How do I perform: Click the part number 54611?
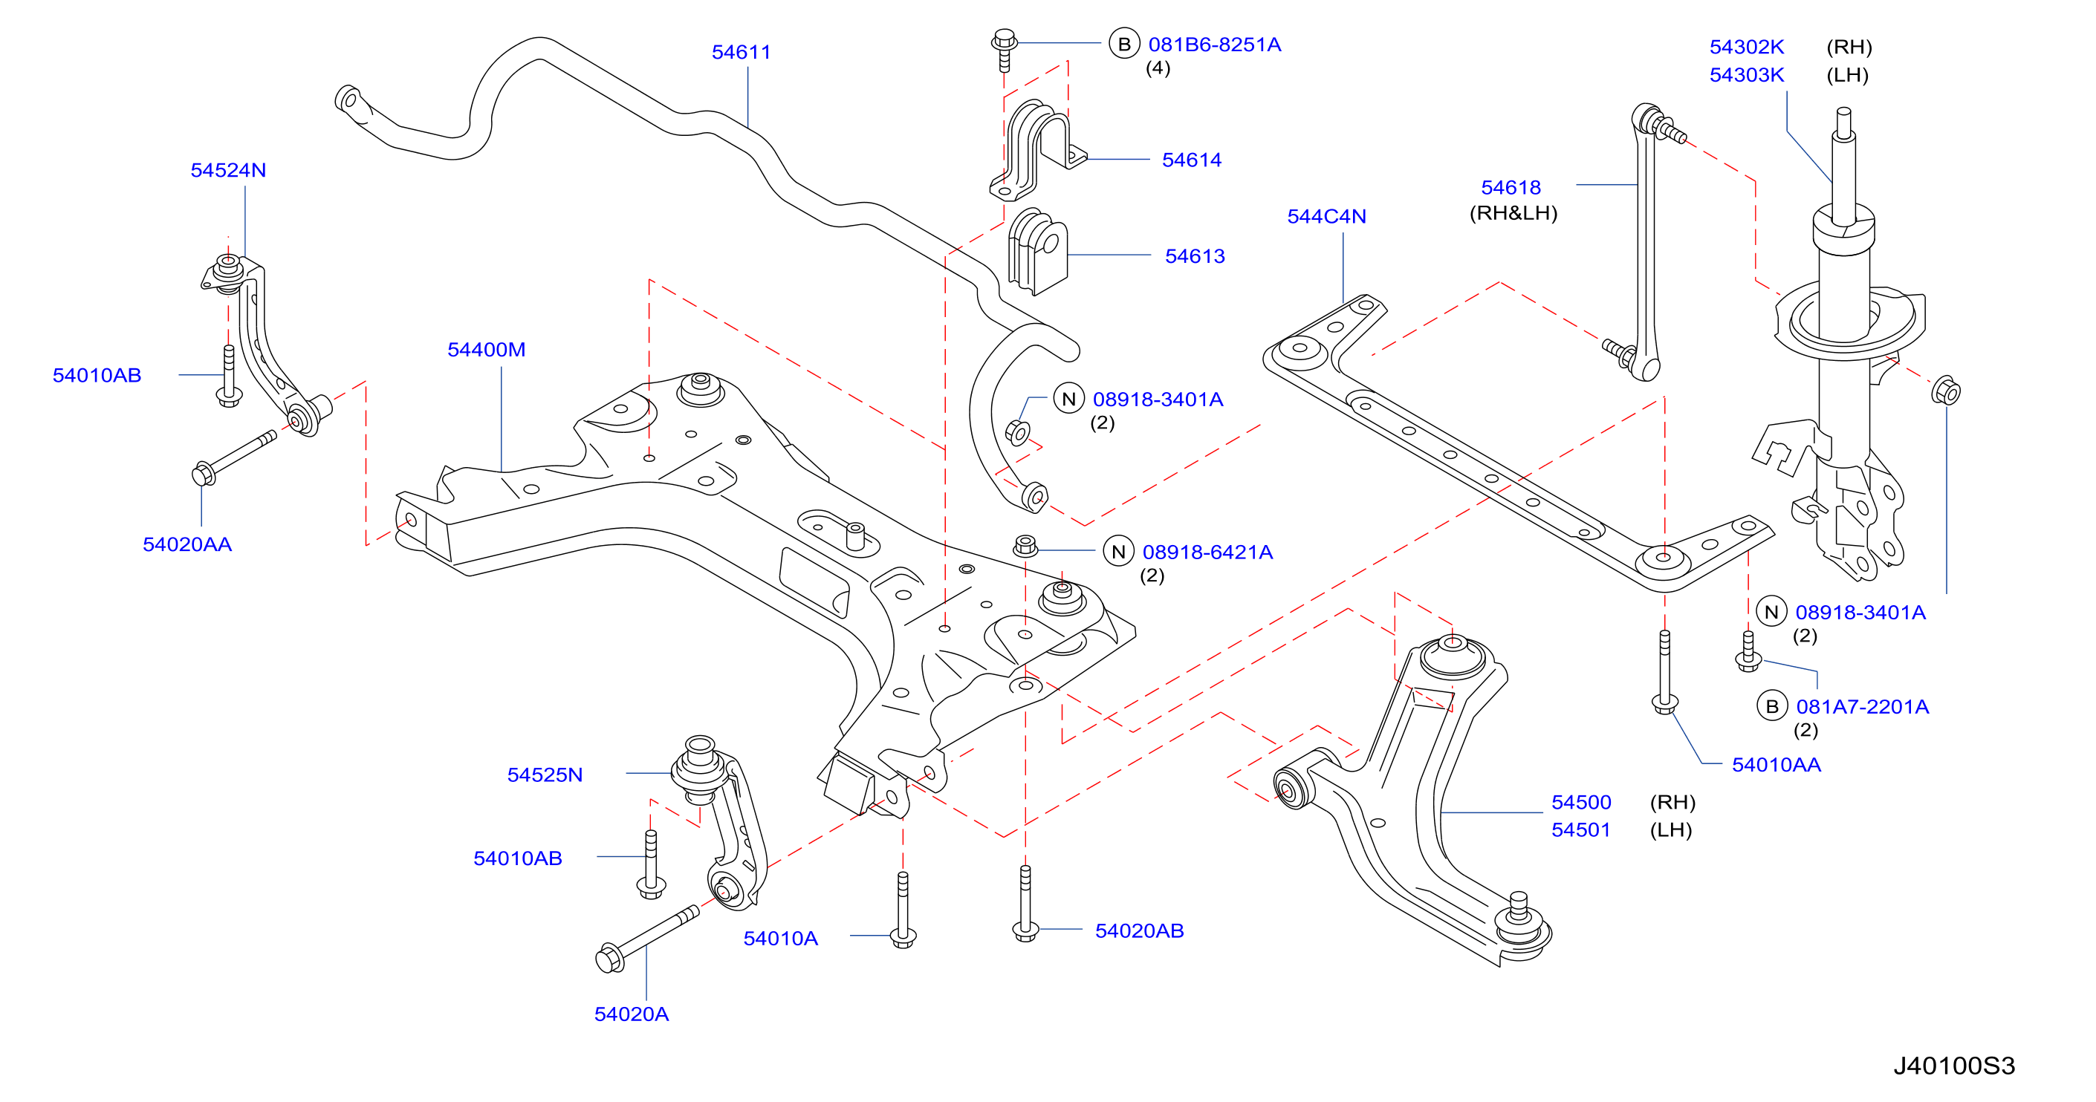click(x=741, y=52)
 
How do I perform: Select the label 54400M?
click(x=487, y=350)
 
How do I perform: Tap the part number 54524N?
click(x=228, y=170)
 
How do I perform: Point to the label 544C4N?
click(x=1326, y=216)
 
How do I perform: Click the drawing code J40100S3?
click(x=1954, y=1066)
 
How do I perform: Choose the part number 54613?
click(x=1195, y=256)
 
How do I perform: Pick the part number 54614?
click(x=1191, y=160)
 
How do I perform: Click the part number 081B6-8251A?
click(x=1214, y=45)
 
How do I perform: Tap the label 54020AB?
click(x=1139, y=930)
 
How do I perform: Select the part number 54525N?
click(x=545, y=775)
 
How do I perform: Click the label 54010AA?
click(x=1777, y=764)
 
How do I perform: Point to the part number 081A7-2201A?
click(x=1863, y=707)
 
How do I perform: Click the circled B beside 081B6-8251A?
click(x=1123, y=44)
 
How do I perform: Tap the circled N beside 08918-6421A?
click(x=1118, y=552)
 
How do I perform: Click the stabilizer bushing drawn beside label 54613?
click(x=1037, y=251)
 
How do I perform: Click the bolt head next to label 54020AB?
click(x=1025, y=930)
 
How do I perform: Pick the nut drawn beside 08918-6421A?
click(x=1025, y=546)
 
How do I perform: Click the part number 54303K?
click(x=1746, y=75)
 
